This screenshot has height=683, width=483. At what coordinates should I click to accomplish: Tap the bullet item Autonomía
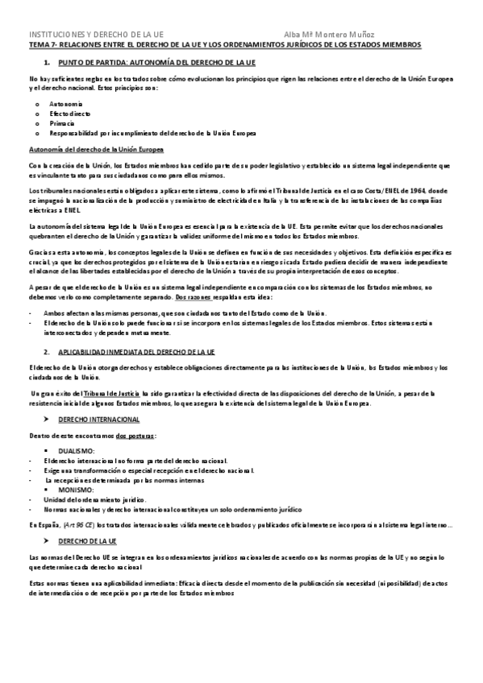(x=65, y=105)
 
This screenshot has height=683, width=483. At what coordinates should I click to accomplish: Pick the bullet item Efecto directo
(x=70, y=114)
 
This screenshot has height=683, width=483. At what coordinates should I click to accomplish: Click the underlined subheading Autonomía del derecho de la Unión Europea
(x=96, y=150)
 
